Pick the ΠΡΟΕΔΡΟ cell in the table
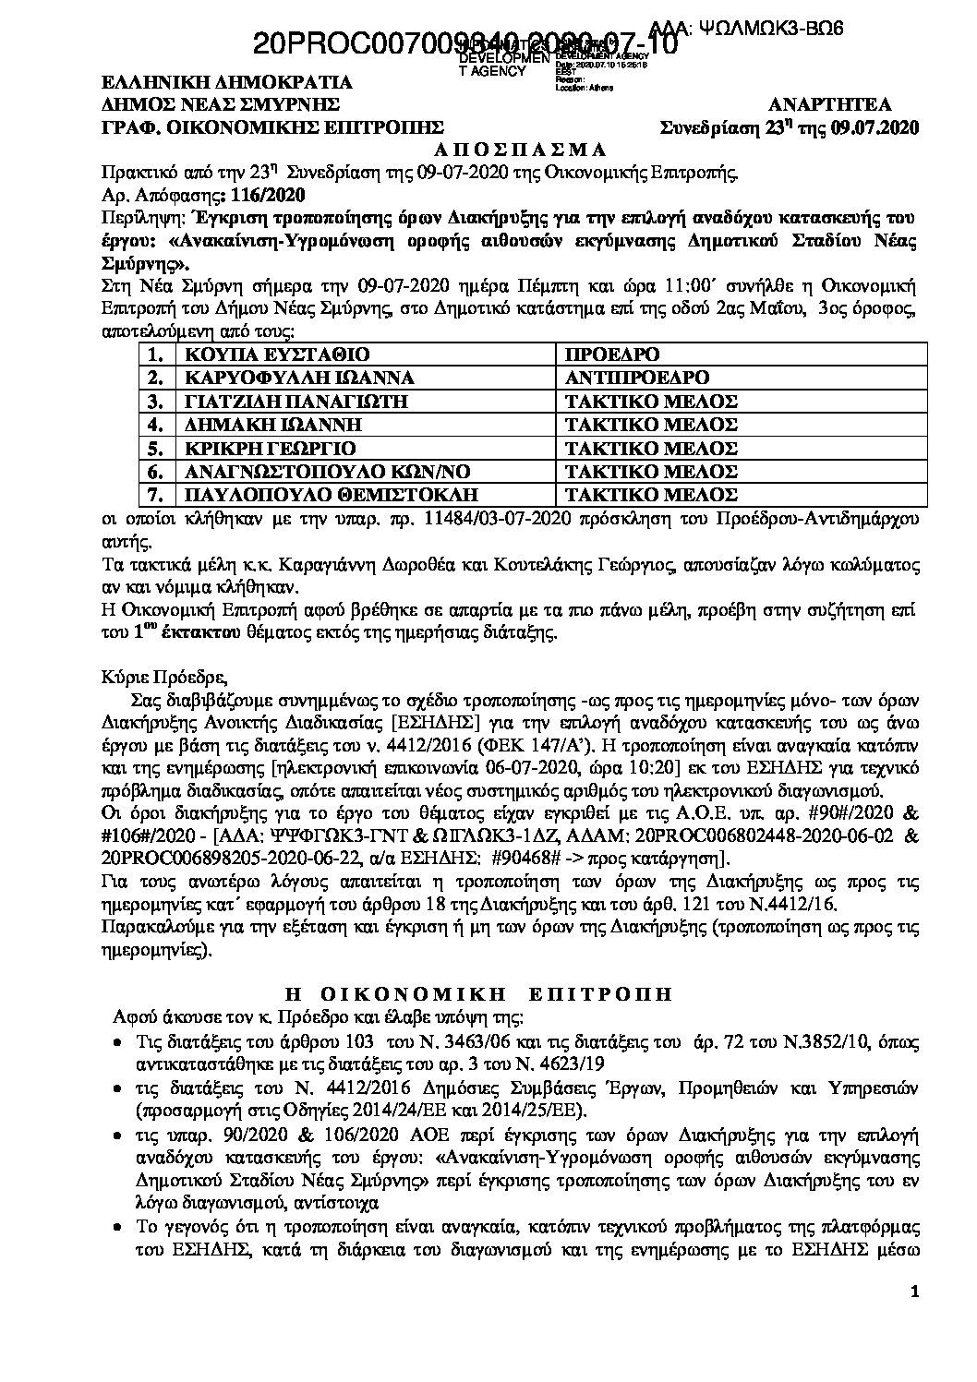(x=614, y=354)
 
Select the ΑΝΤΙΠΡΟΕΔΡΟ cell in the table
(x=637, y=378)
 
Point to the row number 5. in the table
(x=156, y=449)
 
